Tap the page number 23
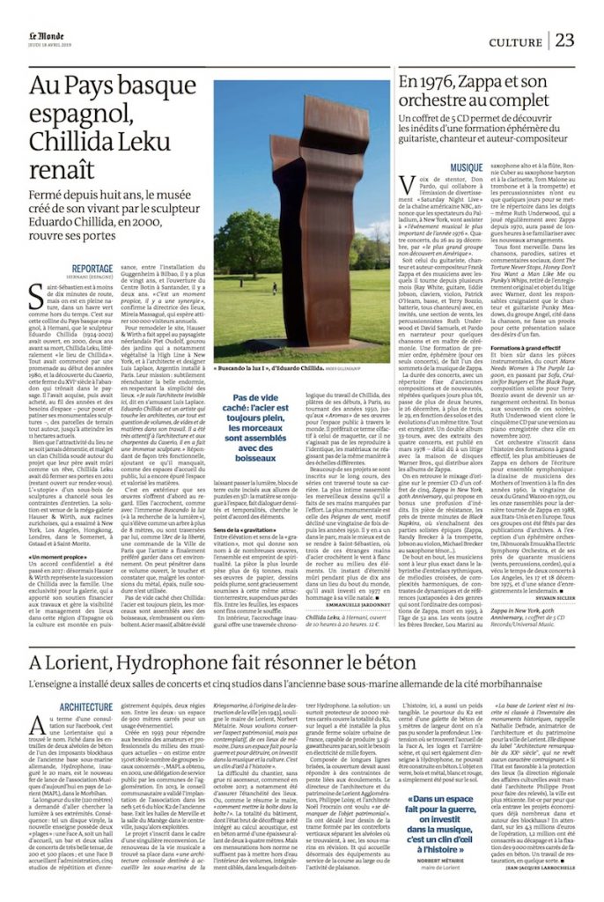[x=564, y=40]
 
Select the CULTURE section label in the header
[x=515, y=41]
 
